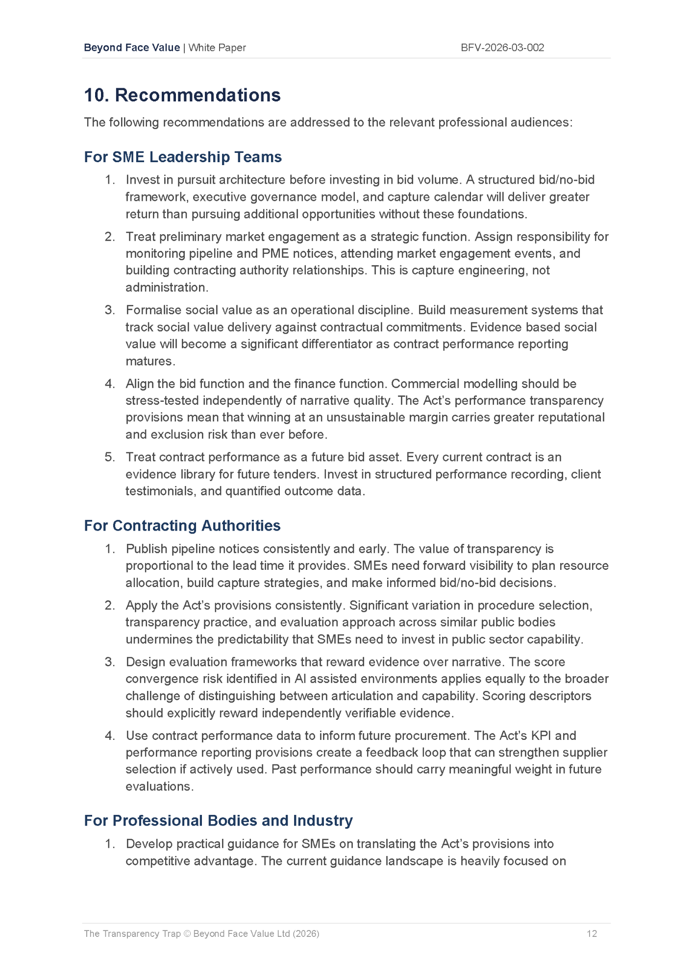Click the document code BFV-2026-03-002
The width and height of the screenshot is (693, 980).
pos(502,48)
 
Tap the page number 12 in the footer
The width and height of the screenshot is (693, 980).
pos(592,933)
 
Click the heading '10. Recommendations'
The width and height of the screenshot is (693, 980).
pos(182,95)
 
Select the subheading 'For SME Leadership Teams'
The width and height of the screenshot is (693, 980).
pos(183,157)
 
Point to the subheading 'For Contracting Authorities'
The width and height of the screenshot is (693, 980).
pos(182,525)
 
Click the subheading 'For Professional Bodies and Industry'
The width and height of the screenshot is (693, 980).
pos(218,820)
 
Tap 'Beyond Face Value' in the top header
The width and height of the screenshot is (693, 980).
pos(132,48)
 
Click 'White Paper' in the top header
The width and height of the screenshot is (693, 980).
pos(217,48)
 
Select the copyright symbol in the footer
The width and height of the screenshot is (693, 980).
pos(187,933)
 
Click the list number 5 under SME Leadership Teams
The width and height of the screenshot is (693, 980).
pos(109,457)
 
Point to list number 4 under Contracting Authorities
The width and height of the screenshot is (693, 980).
pos(109,735)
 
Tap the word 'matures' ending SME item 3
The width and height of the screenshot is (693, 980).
pos(149,361)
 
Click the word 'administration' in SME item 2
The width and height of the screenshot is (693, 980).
pos(166,287)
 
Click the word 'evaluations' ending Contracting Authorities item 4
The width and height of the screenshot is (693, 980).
pos(158,786)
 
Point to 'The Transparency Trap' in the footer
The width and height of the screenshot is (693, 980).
pos(132,933)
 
